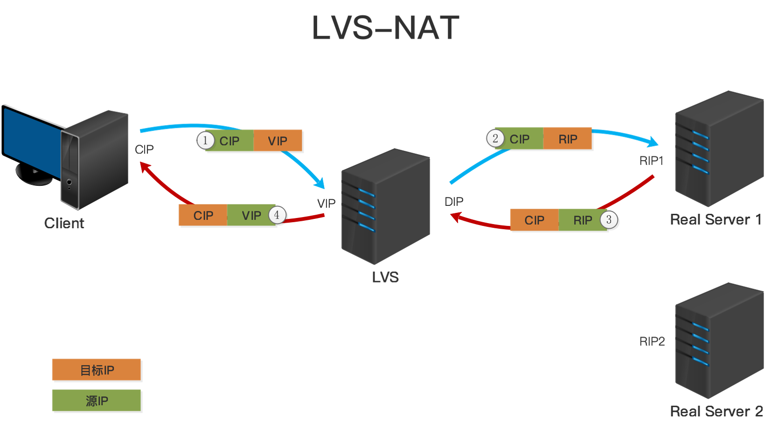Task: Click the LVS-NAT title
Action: coord(385,28)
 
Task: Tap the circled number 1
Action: coord(205,141)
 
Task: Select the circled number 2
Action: coord(495,138)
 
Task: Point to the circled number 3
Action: coord(609,220)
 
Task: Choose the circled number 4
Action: coord(277,215)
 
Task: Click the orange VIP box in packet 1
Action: coord(278,141)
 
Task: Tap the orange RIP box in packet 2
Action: coord(568,139)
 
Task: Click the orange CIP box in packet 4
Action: coord(203,216)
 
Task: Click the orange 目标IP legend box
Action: coord(97,370)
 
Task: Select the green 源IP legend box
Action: coord(97,401)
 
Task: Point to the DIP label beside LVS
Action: coord(454,202)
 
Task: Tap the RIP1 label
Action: coord(651,161)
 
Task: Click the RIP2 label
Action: coord(652,342)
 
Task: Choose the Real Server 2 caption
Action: coord(716,411)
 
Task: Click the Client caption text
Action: coord(64,223)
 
